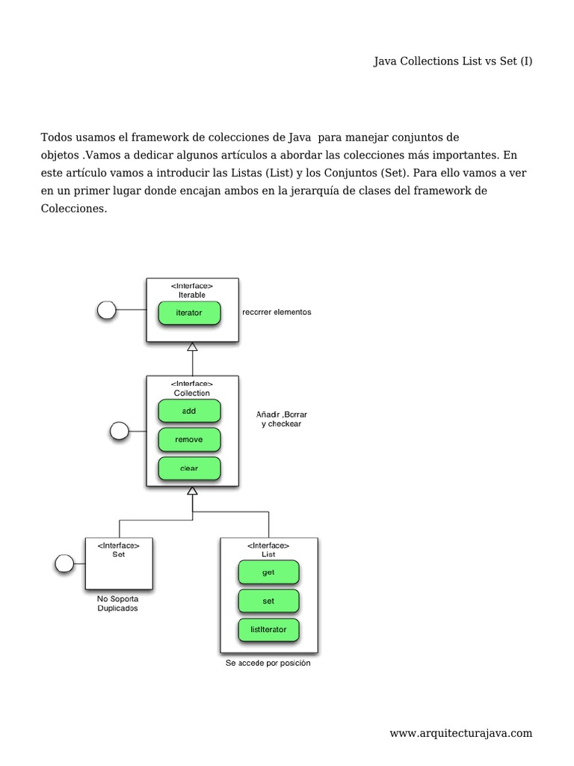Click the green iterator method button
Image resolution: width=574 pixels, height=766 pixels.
click(x=189, y=313)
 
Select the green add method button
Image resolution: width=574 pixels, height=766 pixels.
click(x=189, y=411)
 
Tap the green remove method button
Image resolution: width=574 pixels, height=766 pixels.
click(x=189, y=440)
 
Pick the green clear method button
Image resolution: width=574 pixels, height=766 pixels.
click(x=189, y=469)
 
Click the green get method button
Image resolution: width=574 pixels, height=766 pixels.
click(x=268, y=572)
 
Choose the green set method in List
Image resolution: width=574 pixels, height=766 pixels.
click(x=268, y=601)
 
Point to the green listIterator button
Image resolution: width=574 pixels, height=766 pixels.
click(x=268, y=630)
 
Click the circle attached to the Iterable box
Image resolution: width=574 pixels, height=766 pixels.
click(x=107, y=310)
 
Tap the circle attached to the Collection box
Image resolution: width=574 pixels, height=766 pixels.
click(x=119, y=430)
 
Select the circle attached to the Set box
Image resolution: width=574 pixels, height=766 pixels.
click(x=65, y=563)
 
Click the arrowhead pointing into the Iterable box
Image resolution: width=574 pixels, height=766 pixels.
click(x=192, y=347)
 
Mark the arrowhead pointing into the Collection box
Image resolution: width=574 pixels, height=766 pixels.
click(x=192, y=491)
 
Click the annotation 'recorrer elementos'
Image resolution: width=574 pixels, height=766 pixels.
click(x=277, y=313)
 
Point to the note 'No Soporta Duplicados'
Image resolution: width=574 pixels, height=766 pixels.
click(x=117, y=604)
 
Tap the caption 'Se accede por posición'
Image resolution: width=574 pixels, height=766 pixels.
click(x=268, y=664)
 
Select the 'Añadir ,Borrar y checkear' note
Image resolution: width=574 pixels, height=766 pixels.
click(x=277, y=418)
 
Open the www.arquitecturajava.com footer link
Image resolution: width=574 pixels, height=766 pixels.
click(x=460, y=733)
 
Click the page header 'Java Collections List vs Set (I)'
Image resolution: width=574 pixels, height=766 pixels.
click(x=453, y=61)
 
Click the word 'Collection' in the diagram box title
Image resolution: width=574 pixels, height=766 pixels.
click(x=192, y=393)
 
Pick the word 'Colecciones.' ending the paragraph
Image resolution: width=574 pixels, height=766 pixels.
click(x=74, y=209)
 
